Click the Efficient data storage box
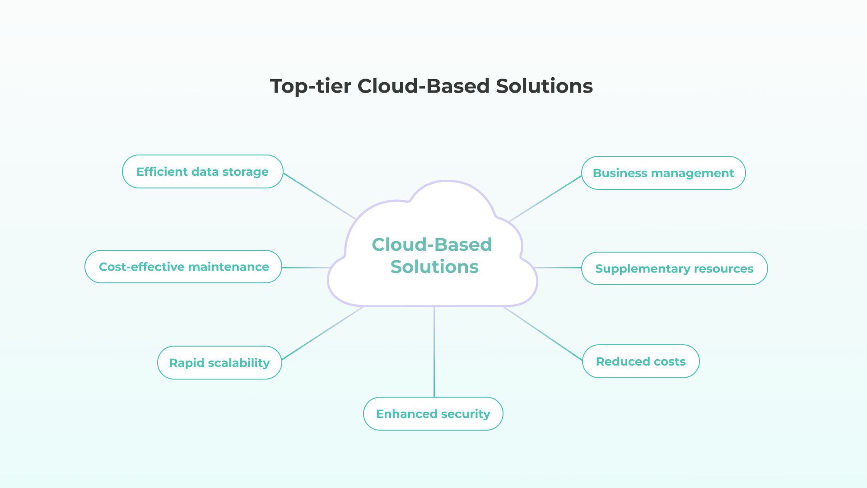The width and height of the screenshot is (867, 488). pyautogui.click(x=202, y=172)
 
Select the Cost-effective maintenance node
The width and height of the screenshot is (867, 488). pyautogui.click(x=183, y=267)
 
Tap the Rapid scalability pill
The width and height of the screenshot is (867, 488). pyautogui.click(x=219, y=363)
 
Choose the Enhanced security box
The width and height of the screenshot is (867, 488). pyautogui.click(x=433, y=414)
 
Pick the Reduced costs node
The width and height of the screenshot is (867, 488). pyautogui.click(x=641, y=361)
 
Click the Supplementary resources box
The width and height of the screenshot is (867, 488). pyautogui.click(x=674, y=269)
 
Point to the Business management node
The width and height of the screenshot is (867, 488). pyautogui.click(x=663, y=173)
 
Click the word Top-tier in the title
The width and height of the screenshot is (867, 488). pyautogui.click(x=310, y=86)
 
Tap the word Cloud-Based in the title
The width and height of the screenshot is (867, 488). pyautogui.click(x=423, y=86)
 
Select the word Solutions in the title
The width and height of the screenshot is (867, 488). pyautogui.click(x=544, y=86)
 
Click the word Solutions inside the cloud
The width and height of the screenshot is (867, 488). pyautogui.click(x=434, y=267)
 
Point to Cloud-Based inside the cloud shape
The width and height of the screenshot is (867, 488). pyautogui.click(x=432, y=244)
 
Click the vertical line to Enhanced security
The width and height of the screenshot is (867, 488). pyautogui.click(x=434, y=352)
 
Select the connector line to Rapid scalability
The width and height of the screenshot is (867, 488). pyautogui.click(x=322, y=333)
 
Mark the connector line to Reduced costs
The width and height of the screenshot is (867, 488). pyautogui.click(x=543, y=334)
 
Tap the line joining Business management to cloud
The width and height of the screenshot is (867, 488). pyautogui.click(x=545, y=199)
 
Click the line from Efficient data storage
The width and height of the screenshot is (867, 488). pyautogui.click(x=319, y=196)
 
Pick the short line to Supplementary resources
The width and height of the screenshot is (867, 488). pyautogui.click(x=559, y=268)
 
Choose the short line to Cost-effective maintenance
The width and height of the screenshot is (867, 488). pyautogui.click(x=306, y=267)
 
